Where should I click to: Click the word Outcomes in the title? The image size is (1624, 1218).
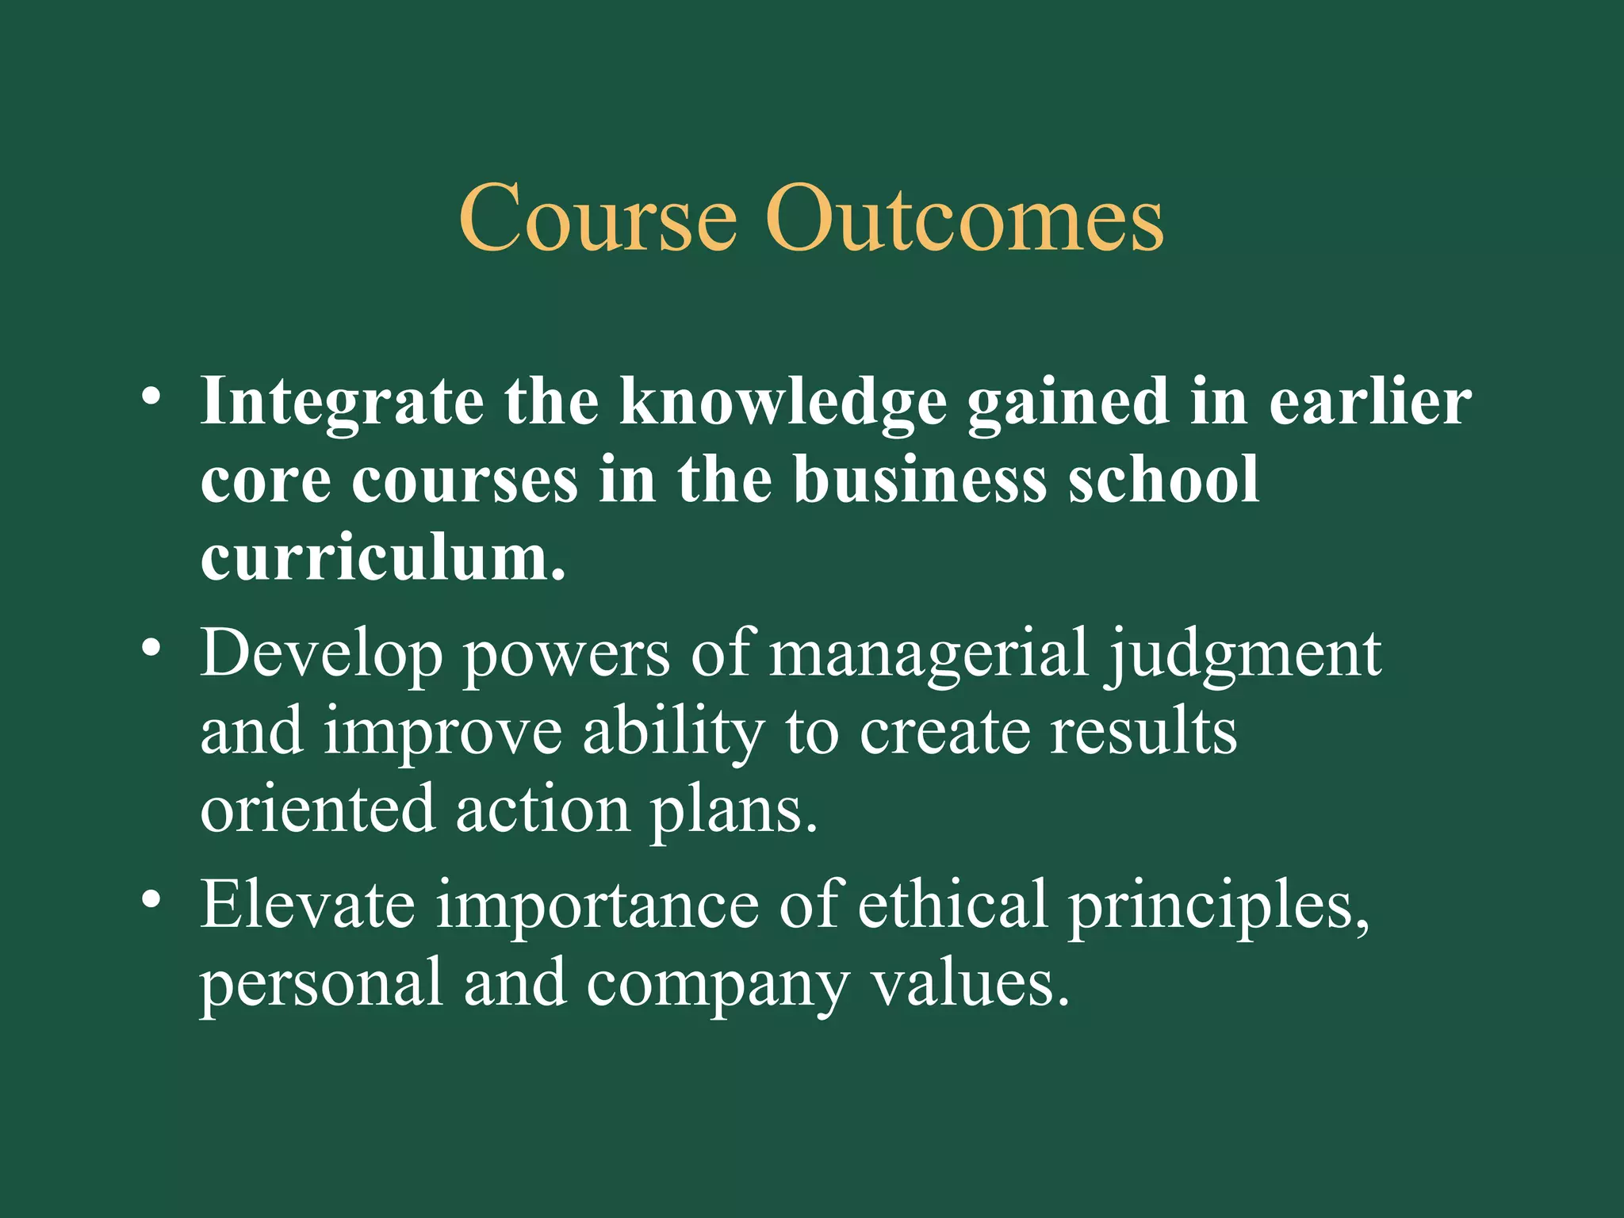coord(964,217)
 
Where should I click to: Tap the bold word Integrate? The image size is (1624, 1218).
coord(342,403)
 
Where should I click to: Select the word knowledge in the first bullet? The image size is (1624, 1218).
coord(783,403)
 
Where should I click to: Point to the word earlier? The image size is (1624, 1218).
coord(1369,401)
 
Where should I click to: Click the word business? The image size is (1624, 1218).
coord(920,480)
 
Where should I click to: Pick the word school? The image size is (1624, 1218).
coord(1163,480)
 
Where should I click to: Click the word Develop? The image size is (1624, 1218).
coord(320,655)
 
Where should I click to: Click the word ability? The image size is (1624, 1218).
coord(673,733)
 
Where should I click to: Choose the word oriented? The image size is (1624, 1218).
coord(317,810)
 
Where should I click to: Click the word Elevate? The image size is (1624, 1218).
coord(307,905)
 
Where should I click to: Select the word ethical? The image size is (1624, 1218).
coord(952,905)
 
